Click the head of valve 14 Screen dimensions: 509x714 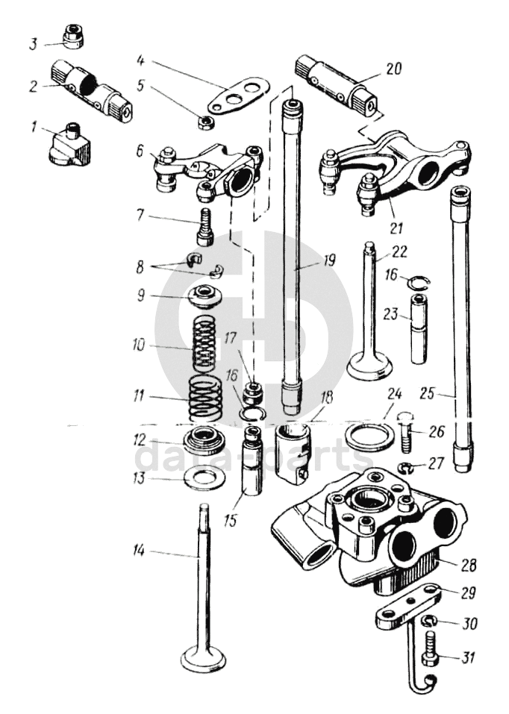203,657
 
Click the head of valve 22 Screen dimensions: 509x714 370,366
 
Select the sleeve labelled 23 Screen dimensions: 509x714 417,328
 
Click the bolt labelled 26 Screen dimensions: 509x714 405,431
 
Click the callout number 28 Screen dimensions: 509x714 469,564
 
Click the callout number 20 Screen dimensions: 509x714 393,69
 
